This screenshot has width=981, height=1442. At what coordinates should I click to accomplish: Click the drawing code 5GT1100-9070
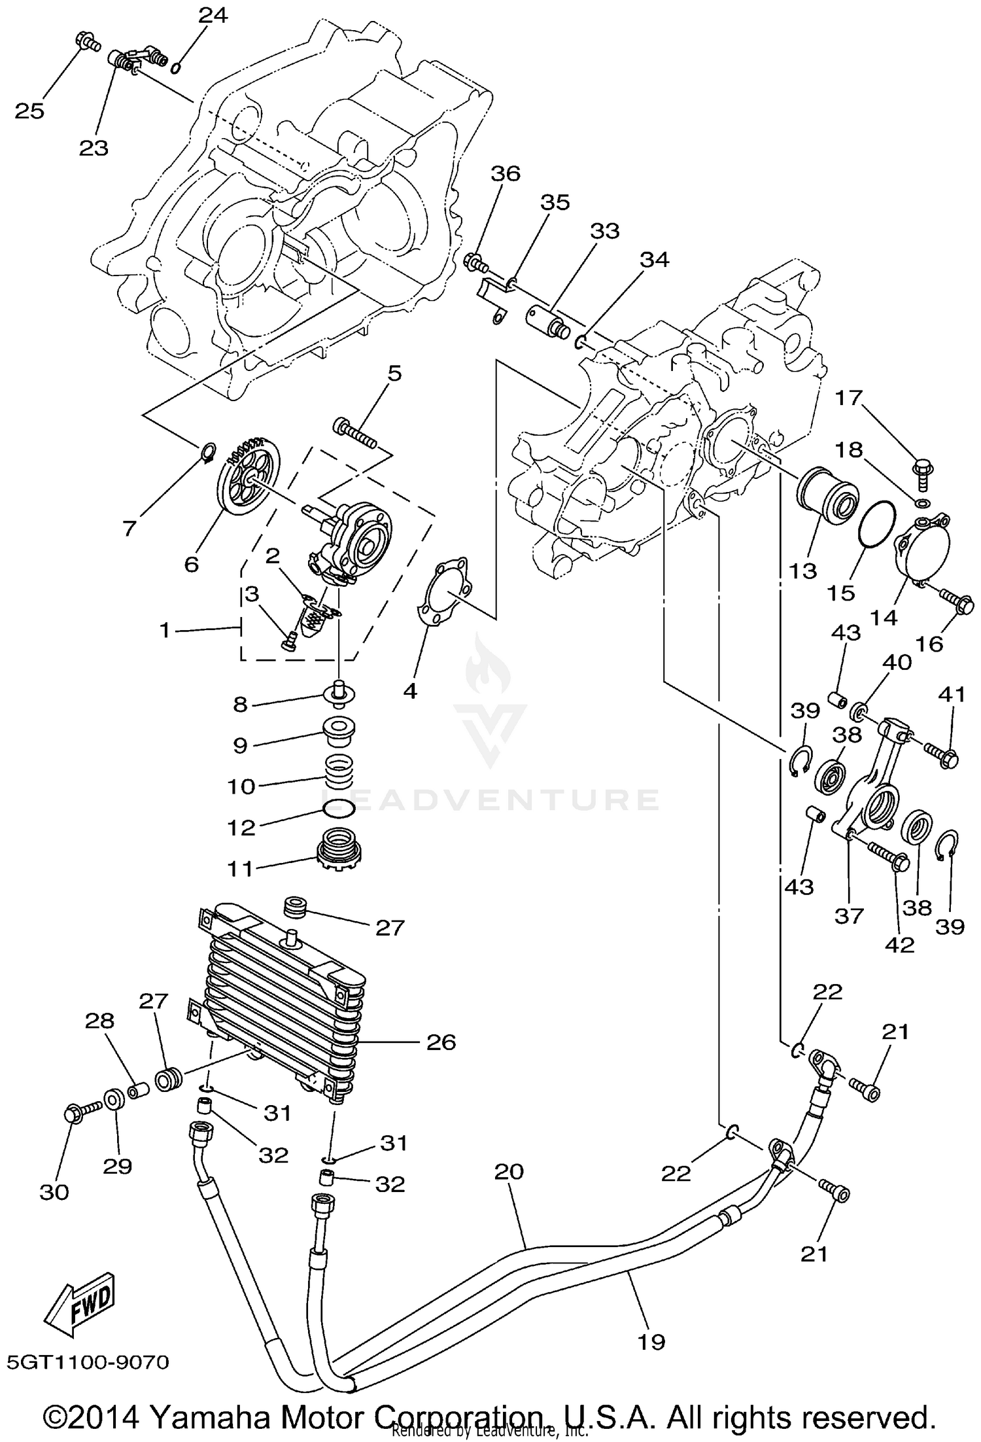[x=88, y=1362]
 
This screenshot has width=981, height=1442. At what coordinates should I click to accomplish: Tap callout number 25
[x=30, y=111]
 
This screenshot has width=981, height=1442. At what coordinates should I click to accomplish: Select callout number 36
[x=506, y=174]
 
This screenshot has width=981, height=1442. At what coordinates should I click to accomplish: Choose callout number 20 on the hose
[x=509, y=1170]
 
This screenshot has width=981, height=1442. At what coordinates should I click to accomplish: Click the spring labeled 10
[x=339, y=770]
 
